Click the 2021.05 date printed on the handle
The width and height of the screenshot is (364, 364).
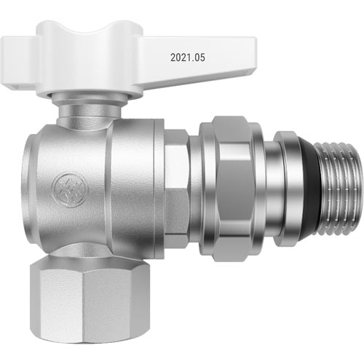coord(188,58)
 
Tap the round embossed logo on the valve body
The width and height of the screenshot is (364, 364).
coord(68,190)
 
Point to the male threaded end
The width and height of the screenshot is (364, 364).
coord(339,189)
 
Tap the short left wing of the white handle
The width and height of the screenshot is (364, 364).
coord(20,63)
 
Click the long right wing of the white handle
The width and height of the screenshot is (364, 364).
coord(197,60)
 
